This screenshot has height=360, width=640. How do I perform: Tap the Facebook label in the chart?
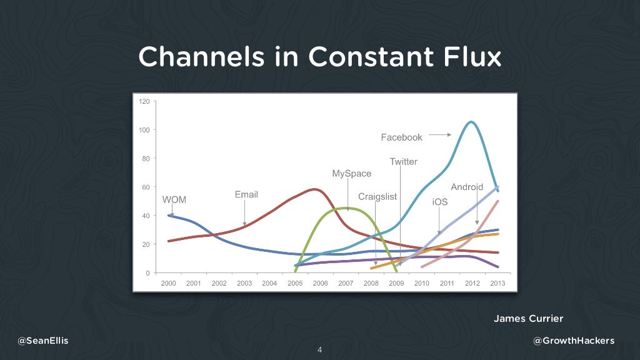pyautogui.click(x=401, y=137)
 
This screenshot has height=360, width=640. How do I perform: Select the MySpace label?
pyautogui.click(x=351, y=174)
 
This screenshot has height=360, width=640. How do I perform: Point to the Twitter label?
pyautogui.click(x=403, y=162)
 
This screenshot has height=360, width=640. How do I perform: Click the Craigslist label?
pyautogui.click(x=377, y=197)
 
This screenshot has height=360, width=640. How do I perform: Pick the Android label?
pyautogui.click(x=467, y=187)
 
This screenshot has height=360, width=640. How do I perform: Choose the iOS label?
pyautogui.click(x=439, y=202)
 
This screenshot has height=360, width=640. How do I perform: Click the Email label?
pyautogui.click(x=246, y=194)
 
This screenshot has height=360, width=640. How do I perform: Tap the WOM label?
pyautogui.click(x=174, y=200)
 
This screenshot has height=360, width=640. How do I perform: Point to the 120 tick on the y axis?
pyautogui.click(x=144, y=101)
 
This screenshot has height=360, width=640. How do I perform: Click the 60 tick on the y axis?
pyautogui.click(x=146, y=187)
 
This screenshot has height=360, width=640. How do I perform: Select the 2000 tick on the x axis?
pyautogui.click(x=169, y=283)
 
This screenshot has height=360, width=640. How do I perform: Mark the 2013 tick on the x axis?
pyautogui.click(x=497, y=283)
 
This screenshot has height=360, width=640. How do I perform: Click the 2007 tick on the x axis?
pyautogui.click(x=346, y=283)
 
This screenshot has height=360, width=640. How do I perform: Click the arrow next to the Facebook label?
pyautogui.click(x=440, y=134)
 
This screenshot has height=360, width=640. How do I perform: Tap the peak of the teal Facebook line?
pyautogui.click(x=471, y=122)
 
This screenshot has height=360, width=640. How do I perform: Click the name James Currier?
pyautogui.click(x=528, y=319)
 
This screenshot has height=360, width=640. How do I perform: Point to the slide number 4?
pyautogui.click(x=319, y=349)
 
